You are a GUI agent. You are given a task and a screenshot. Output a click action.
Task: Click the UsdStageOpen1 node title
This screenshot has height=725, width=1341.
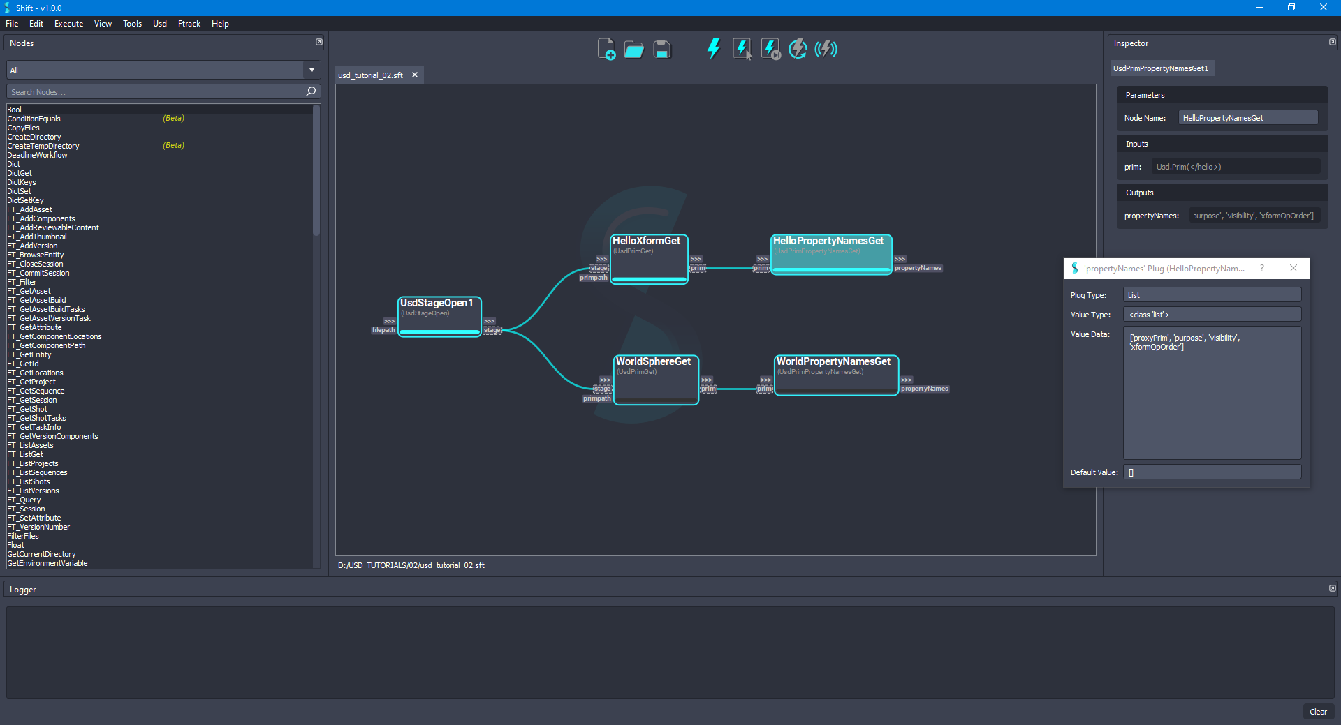point(437,303)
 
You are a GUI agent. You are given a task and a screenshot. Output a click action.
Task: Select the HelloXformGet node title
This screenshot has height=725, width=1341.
point(646,241)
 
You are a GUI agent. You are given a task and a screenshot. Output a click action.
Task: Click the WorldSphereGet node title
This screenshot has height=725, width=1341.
point(653,361)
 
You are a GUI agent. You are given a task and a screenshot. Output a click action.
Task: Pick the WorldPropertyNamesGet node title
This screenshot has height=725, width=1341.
point(833,361)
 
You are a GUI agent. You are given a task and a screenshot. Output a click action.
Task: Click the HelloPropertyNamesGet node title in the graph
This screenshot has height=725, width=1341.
point(828,241)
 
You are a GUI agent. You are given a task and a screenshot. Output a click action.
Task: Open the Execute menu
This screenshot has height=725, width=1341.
point(68,24)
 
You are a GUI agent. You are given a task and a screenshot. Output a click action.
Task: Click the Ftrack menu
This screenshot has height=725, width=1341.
point(189,24)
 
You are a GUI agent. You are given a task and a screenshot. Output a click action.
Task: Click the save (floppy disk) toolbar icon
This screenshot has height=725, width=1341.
point(661,50)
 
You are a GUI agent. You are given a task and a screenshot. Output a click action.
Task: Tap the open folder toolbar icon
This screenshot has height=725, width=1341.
point(633,50)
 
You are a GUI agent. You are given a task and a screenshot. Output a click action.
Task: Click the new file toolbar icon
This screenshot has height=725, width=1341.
point(606,50)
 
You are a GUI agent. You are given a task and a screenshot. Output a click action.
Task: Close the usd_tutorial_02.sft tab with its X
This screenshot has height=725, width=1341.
point(415,75)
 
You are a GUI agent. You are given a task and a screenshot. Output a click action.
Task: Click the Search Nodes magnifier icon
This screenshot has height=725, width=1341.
point(311,91)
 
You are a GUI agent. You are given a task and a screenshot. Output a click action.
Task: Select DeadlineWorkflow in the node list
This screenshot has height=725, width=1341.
point(37,155)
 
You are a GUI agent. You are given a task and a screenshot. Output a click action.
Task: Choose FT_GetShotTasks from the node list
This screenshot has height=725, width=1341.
point(36,418)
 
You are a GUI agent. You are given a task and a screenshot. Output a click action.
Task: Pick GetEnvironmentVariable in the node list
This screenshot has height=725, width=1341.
point(47,563)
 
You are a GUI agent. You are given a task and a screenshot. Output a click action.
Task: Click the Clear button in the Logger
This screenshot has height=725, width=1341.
point(1318,712)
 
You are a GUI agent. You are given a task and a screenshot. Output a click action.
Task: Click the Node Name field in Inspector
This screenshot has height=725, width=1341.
point(1247,118)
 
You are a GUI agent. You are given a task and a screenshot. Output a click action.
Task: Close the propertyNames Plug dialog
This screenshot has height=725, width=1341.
point(1294,269)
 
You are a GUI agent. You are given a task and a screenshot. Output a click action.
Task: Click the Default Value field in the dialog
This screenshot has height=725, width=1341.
point(1212,472)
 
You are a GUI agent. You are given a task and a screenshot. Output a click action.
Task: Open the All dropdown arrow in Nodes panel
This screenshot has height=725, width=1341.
point(312,70)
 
